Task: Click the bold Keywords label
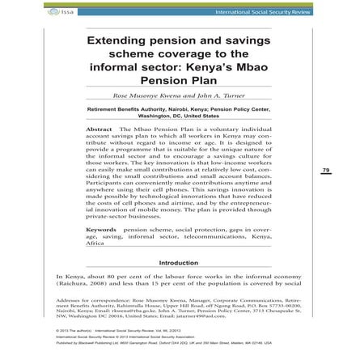[x=101, y=231]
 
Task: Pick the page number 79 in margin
[x=324, y=171]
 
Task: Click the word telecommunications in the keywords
[x=217, y=237]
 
